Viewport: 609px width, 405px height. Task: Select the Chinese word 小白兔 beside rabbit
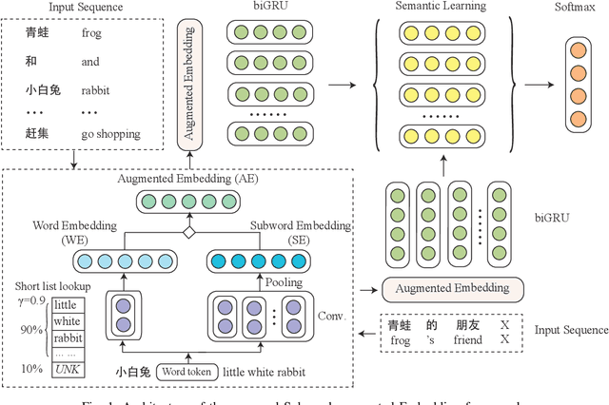click(43, 93)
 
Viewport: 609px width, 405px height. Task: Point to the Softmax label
click(576, 8)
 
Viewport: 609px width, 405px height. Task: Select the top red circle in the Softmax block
click(577, 50)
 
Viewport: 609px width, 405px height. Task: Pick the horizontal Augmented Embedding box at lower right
click(444, 286)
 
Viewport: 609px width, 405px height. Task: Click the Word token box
click(187, 372)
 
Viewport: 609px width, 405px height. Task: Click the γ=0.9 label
click(31, 300)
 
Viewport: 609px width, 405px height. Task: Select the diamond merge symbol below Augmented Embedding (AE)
click(188, 232)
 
